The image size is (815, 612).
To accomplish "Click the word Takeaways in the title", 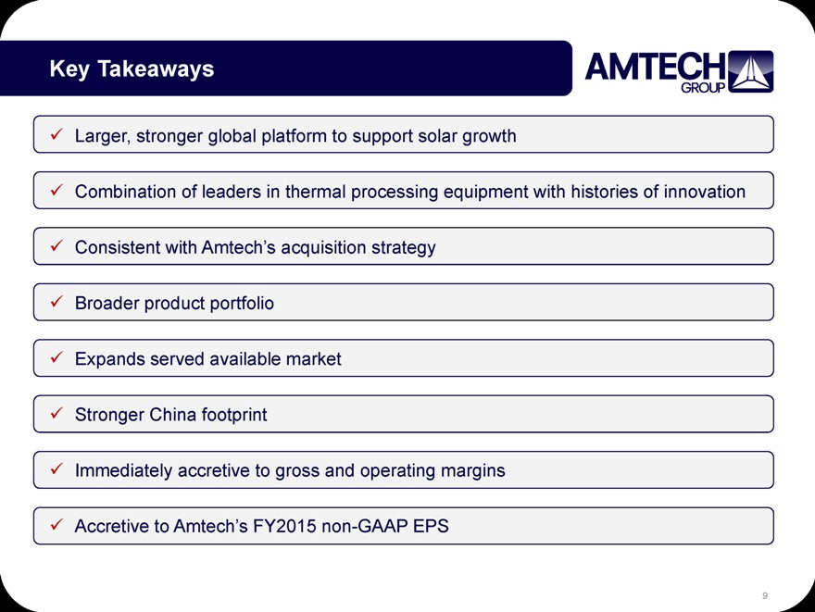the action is (156, 69).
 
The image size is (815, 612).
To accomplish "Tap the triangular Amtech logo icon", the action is (750, 71).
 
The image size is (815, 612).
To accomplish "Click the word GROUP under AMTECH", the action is (703, 88).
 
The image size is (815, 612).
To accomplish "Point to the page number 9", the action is (765, 595).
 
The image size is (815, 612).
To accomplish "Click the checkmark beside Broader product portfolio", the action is (56, 301).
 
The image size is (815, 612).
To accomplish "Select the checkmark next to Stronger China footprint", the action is (56, 413).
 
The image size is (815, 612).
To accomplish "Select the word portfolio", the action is (242, 304).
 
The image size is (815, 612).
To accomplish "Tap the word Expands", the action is (109, 359).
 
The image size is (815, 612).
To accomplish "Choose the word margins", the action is (472, 470).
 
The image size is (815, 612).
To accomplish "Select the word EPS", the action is (431, 526).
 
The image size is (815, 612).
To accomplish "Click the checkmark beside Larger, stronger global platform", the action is (56, 134).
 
